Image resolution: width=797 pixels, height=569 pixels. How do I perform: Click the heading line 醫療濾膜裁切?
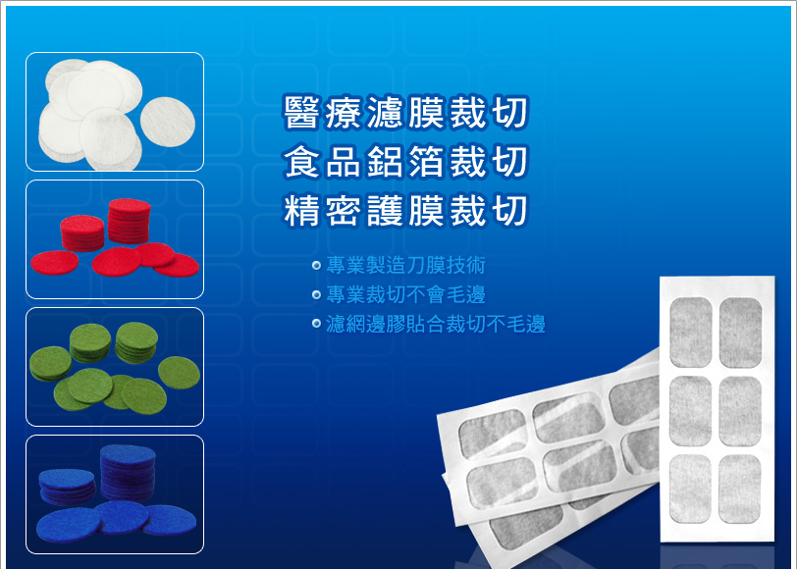405,112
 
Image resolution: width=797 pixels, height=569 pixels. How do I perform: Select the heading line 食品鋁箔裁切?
405,162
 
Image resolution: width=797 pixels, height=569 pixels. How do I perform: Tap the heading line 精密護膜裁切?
405,210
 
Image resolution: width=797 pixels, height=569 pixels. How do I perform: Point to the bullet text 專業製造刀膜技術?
405,265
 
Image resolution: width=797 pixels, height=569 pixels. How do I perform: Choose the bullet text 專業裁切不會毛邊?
405,294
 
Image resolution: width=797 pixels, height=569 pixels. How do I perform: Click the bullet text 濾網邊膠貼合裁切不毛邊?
436,324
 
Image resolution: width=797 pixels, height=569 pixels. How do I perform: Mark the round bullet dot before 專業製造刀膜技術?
317,265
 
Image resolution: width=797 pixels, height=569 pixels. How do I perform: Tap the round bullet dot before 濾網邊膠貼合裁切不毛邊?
317,324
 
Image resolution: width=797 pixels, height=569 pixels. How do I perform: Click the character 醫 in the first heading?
302,112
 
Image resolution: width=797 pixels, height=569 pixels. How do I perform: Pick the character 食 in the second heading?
302,162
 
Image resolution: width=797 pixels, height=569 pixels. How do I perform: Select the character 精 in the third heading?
302,210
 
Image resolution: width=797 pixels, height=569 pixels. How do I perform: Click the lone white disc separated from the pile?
167,123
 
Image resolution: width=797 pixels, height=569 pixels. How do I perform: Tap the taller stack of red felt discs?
130,221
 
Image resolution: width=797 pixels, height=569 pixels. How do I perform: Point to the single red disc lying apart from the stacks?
54,263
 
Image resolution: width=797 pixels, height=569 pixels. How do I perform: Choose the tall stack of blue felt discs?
128,473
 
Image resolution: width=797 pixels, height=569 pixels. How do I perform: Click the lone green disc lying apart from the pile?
179,373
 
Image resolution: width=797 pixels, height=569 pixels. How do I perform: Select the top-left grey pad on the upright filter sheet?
691,333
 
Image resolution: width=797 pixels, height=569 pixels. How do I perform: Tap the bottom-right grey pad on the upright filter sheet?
739,489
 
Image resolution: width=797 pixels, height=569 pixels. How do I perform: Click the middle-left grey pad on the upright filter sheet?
690,411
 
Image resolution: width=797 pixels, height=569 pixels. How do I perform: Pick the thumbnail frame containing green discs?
115,367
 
